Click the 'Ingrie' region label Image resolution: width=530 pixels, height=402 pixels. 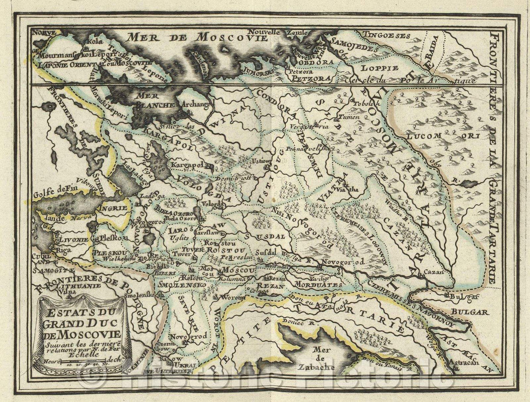pyautogui.click(x=113, y=208)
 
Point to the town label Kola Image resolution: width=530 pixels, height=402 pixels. pyautogui.click(x=94, y=41)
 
